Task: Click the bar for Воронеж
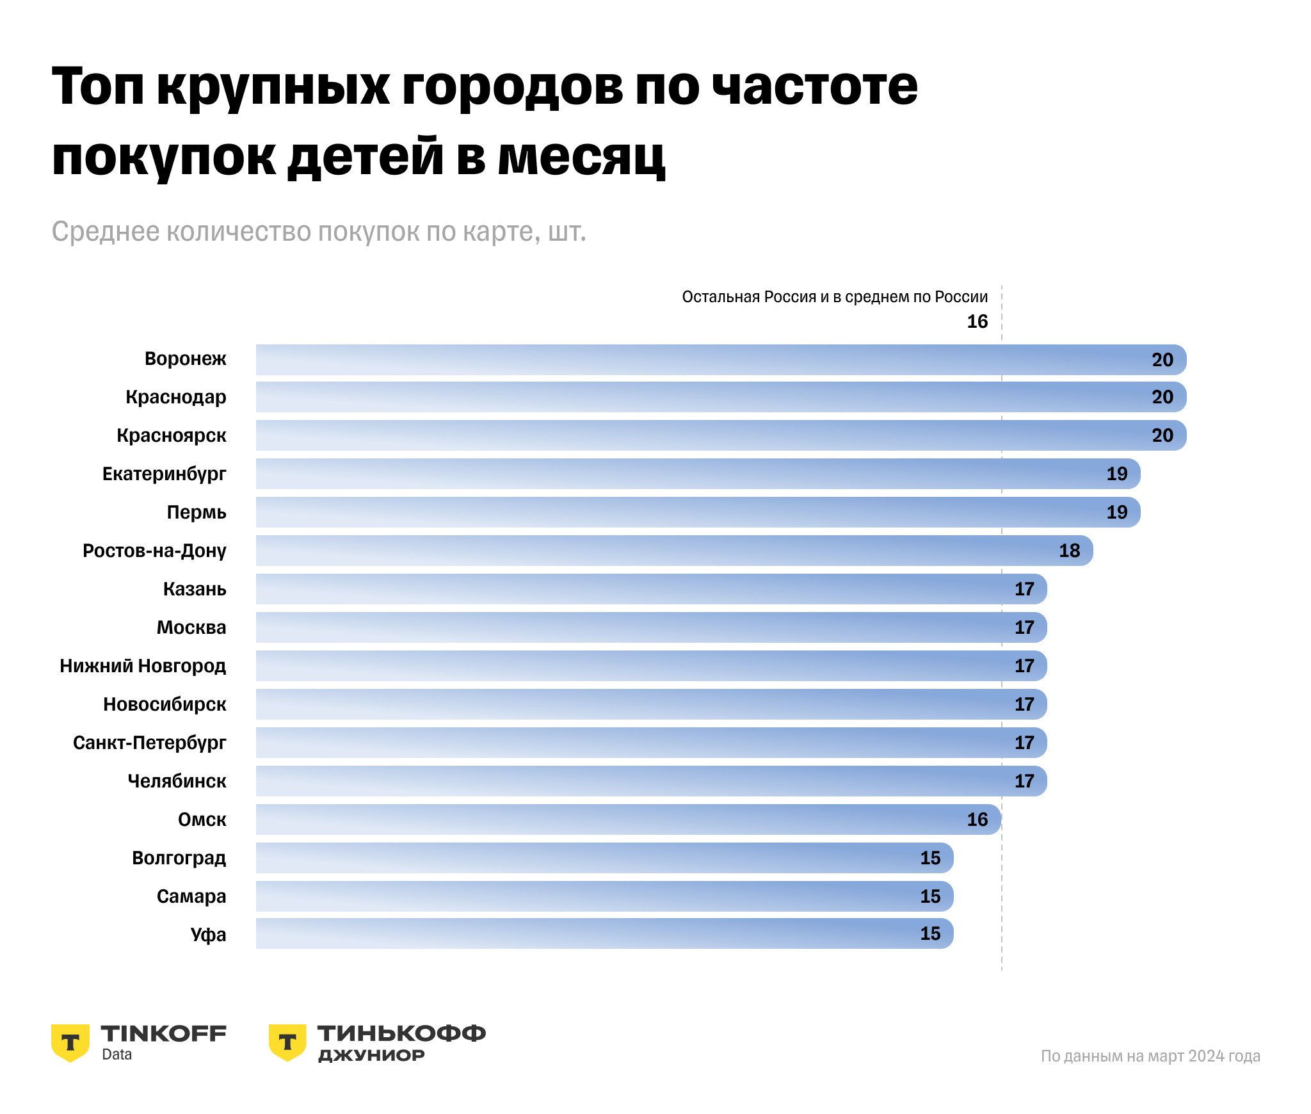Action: point(704,360)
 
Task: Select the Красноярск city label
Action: point(172,436)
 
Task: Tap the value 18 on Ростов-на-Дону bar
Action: point(1069,551)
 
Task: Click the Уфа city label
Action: point(208,935)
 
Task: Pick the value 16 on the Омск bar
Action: point(977,819)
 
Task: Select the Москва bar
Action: point(640,627)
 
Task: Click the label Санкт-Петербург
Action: point(150,743)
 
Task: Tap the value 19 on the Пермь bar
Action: point(1116,512)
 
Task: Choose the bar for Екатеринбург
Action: point(691,474)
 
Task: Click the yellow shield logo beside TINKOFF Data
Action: point(70,1042)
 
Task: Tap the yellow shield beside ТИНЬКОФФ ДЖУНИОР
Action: point(287,1042)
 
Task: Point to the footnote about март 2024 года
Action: point(1150,1056)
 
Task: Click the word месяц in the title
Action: point(581,157)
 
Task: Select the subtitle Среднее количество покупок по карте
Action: point(319,232)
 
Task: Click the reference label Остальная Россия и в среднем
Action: point(835,297)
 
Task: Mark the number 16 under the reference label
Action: point(977,321)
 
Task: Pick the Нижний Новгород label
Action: point(143,666)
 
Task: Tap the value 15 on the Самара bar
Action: point(929,896)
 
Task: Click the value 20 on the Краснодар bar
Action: point(1162,397)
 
